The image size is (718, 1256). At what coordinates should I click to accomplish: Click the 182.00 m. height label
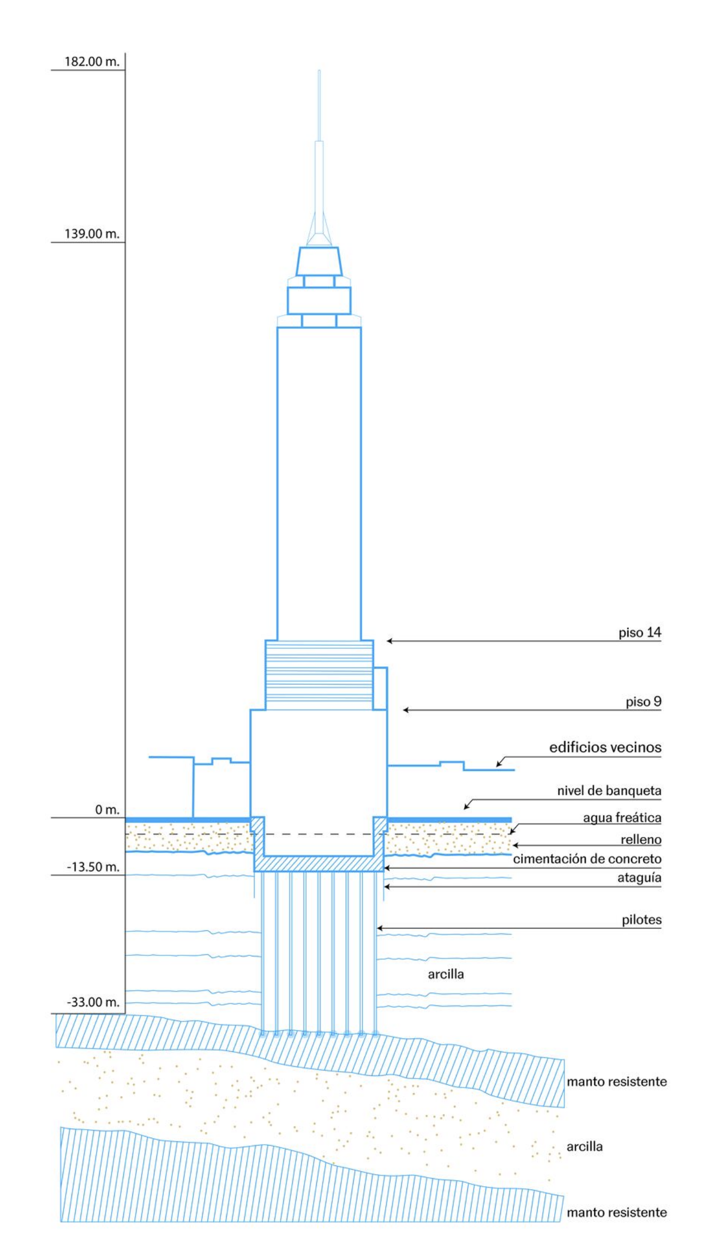pyautogui.click(x=92, y=61)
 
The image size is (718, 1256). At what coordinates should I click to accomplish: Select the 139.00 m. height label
pyautogui.click(x=92, y=234)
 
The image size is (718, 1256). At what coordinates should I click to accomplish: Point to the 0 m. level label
pyautogui.click(x=107, y=810)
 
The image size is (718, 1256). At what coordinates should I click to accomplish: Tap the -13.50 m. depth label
pyautogui.click(x=93, y=867)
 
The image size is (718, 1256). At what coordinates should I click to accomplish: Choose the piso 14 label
pyautogui.click(x=639, y=633)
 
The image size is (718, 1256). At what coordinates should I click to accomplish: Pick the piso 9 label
pyautogui.click(x=643, y=702)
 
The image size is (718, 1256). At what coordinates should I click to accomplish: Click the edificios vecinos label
pyautogui.click(x=604, y=747)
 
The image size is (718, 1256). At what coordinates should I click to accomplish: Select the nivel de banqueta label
pyautogui.click(x=609, y=791)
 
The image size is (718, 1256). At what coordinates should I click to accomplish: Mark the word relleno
pyautogui.click(x=640, y=840)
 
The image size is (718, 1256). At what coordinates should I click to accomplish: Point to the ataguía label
pyautogui.click(x=639, y=877)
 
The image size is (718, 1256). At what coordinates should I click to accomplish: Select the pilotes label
pyautogui.click(x=641, y=920)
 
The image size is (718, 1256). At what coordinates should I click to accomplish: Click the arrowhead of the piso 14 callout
pyautogui.click(x=389, y=641)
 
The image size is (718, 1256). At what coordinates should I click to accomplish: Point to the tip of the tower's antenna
pyautogui.click(x=319, y=70)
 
